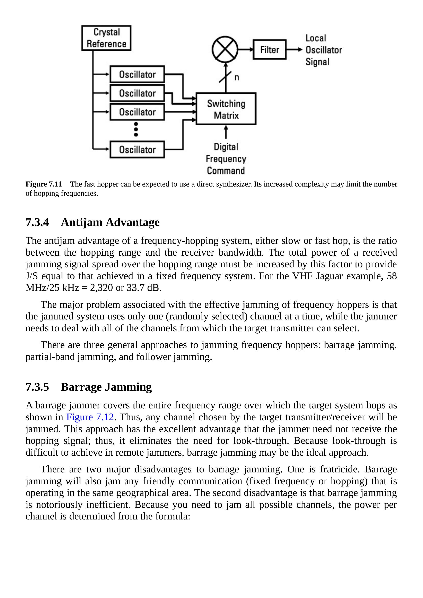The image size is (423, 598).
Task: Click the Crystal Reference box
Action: point(106,38)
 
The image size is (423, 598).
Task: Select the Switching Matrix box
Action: point(226,109)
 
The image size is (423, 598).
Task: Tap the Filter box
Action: point(270,49)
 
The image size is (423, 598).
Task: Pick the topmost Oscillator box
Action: point(137,74)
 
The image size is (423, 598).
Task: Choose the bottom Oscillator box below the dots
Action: point(137,149)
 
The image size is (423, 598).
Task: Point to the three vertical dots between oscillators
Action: point(136,129)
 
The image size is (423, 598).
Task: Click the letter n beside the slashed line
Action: point(237,77)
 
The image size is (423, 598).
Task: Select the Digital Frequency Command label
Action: point(226,159)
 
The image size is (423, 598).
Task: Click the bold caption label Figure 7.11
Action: point(44,184)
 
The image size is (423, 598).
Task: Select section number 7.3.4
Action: point(37,222)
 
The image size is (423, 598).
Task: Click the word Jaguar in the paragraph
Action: point(329,276)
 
